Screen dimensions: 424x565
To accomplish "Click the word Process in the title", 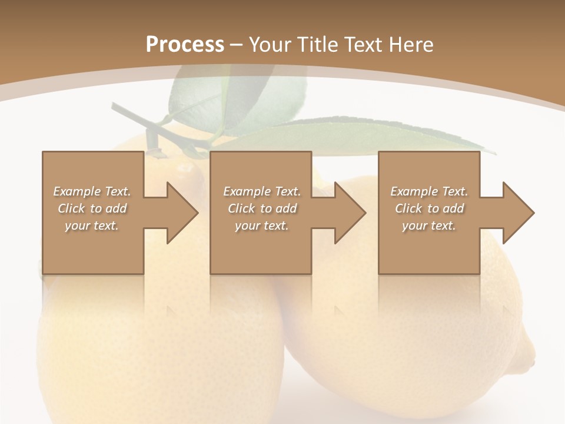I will (x=185, y=45).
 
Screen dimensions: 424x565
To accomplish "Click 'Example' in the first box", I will (x=77, y=191).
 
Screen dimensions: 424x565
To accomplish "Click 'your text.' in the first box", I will (x=92, y=226).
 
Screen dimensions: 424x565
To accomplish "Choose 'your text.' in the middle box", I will (x=261, y=226).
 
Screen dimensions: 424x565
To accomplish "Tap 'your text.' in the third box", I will (x=429, y=226).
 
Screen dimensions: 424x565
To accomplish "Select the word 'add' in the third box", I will (x=453, y=208).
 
